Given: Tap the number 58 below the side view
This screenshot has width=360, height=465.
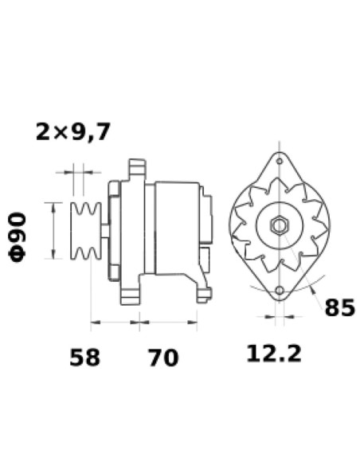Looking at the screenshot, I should pos(84,357).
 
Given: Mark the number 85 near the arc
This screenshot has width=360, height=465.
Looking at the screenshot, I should pos(338,307).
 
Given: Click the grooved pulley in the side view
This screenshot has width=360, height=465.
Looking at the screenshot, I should pos(84,231).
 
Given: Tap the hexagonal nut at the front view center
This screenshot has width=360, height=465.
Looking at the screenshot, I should pos(279,226).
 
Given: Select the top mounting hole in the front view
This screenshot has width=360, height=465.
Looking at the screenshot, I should pos(280,162).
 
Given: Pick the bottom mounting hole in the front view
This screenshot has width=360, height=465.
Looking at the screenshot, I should pos(280,290).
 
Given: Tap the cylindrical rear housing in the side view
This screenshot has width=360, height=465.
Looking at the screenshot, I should pos(178,227).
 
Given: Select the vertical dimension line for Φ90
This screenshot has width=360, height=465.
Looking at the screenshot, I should pos(53,231).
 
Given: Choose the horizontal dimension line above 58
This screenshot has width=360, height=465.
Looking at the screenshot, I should pos(111,323).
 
